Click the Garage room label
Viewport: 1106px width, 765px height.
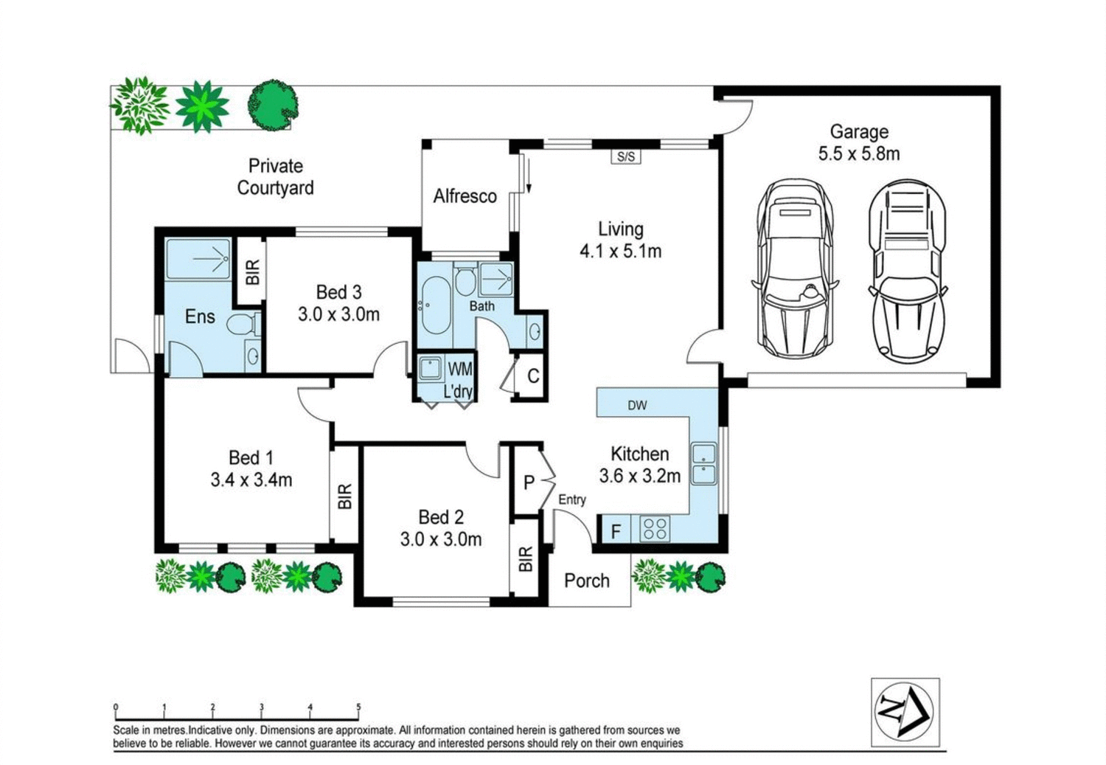coord(859,132)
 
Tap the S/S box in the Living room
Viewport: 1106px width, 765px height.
coord(626,156)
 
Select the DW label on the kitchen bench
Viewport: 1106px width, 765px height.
coord(638,406)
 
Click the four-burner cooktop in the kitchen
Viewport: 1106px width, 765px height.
coord(655,528)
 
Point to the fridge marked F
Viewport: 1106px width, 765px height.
coord(614,531)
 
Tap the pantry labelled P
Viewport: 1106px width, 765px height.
coord(529,482)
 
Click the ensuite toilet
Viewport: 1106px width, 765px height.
coord(242,325)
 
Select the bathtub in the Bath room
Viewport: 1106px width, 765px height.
coord(435,305)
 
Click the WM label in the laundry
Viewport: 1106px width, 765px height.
coord(459,368)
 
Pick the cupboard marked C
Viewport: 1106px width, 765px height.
coord(532,376)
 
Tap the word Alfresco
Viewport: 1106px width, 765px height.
coord(465,196)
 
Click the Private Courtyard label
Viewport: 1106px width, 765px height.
coord(275,177)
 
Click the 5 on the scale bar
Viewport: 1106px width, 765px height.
coord(358,707)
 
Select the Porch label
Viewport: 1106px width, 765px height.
coord(587,581)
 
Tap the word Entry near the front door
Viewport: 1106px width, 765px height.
coord(571,499)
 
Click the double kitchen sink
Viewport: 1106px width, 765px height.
coord(703,463)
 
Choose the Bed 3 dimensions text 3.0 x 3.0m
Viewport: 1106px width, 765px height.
coord(338,314)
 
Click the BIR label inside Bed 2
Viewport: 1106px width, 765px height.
coord(525,558)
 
